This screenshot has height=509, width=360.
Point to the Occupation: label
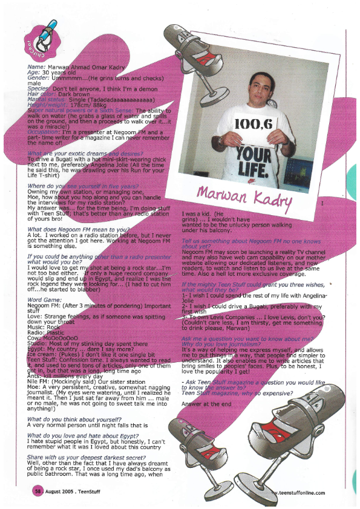click(x=45, y=131)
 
